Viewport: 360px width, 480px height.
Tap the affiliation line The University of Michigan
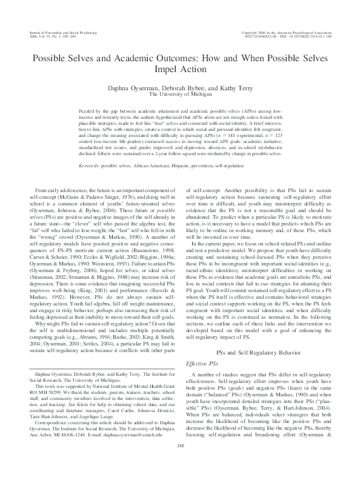pos(179,95)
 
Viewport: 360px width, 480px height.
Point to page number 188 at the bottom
pos(179,462)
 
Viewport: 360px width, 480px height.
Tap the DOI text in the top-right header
pos(307,35)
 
